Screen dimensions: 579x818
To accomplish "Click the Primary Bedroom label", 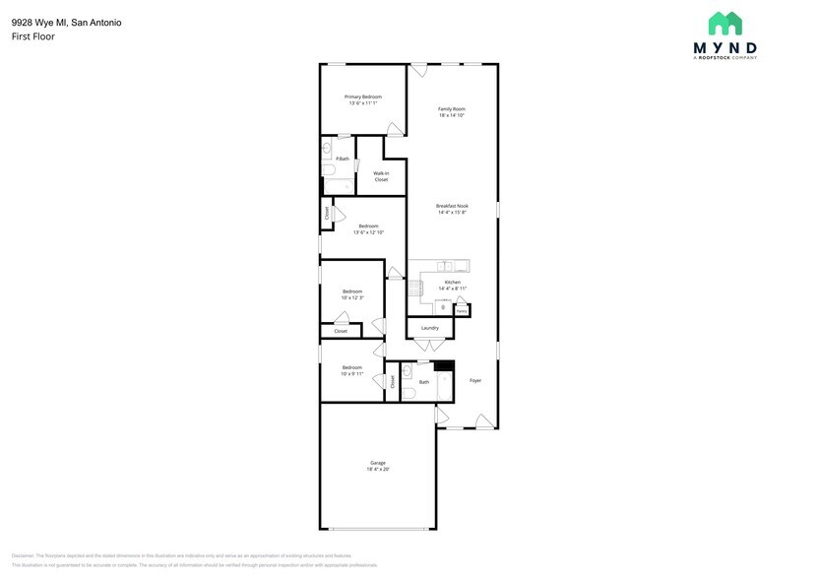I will point(362,96).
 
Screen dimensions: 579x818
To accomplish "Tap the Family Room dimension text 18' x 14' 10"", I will point(452,115).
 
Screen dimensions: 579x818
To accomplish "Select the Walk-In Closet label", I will point(380,176).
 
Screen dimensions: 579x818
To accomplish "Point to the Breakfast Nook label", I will point(452,206).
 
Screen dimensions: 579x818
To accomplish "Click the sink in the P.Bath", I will point(327,150).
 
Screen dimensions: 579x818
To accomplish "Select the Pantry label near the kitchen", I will point(461,310).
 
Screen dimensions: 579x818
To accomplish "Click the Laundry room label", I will point(430,328).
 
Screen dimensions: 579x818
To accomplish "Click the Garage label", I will point(377,463).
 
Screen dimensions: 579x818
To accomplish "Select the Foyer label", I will point(475,380).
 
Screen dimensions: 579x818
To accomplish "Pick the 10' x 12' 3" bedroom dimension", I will point(352,297).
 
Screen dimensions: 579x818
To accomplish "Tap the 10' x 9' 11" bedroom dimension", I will point(352,373).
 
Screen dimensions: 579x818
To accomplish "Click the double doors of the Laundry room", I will point(429,344).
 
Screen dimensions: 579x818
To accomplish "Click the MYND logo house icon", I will point(725,24).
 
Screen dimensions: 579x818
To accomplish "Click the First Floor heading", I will point(32,36).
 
